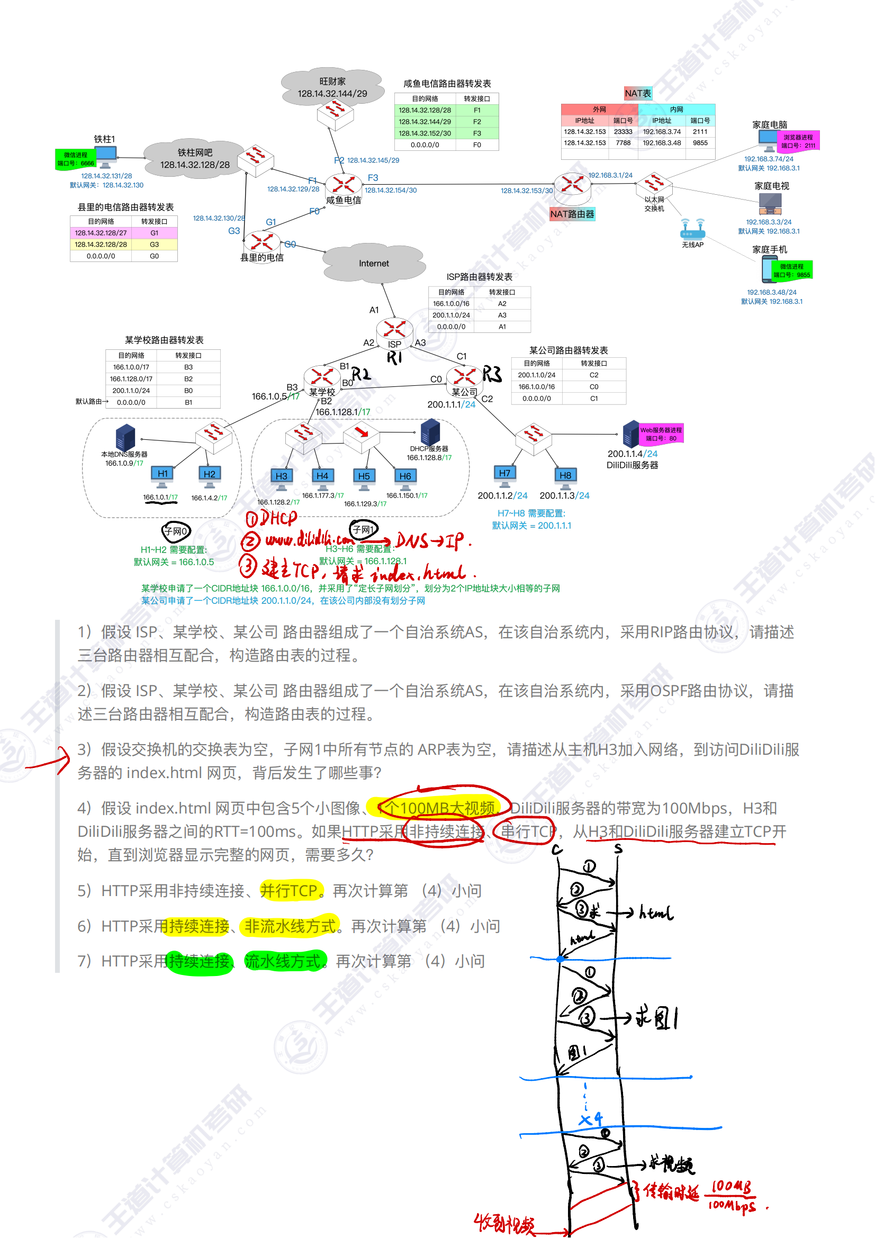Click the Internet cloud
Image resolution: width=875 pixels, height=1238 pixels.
pos(374,263)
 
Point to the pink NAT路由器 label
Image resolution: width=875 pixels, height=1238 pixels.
pos(572,214)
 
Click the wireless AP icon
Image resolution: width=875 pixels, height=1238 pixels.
pos(693,229)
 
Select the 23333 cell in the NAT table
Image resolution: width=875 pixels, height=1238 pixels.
pos(623,132)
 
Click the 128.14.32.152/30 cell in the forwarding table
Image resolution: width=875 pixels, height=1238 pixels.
pos(425,133)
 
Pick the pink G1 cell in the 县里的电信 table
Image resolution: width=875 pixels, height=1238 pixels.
pos(154,233)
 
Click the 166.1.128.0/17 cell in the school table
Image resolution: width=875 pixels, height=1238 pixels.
pos(131,379)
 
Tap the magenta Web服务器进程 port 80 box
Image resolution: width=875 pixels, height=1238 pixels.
pos(661,434)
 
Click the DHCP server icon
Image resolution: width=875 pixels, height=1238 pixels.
pos(430,432)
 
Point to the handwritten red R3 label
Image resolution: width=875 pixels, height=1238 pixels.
pos(491,374)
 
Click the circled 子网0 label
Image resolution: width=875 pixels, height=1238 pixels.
pos(176,531)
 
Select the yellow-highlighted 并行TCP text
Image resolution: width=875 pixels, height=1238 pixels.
pos(291,891)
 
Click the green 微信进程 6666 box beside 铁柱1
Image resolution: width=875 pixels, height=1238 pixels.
pos(76,159)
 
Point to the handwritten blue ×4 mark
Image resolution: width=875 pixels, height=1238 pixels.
pos(590,1119)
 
